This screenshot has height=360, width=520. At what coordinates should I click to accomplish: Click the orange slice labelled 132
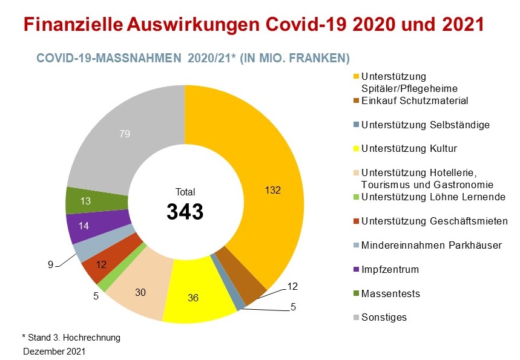(266, 182)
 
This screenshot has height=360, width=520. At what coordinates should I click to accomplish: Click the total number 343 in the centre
(185, 212)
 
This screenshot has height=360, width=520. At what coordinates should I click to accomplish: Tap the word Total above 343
(185, 192)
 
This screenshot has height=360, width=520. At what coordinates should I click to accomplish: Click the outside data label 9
(51, 263)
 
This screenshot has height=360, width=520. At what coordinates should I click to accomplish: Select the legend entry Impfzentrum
(390, 269)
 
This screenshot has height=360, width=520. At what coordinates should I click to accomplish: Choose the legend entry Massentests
(390, 293)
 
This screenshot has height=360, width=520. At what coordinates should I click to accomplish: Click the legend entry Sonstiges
(384, 317)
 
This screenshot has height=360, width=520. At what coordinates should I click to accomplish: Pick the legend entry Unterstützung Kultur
(409, 148)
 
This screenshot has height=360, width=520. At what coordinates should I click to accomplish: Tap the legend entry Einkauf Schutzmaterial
(414, 100)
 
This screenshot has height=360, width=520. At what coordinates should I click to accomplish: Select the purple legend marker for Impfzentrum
(356, 269)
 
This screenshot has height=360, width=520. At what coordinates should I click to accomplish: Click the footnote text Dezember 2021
(54, 351)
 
